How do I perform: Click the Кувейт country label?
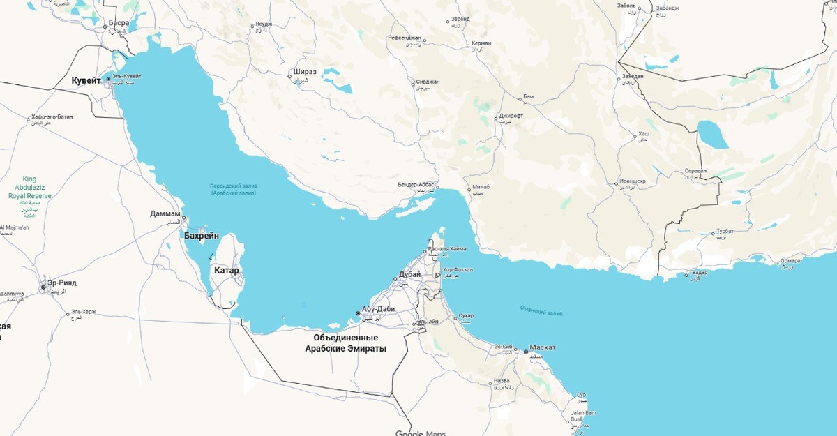86,81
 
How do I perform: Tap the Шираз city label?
305,72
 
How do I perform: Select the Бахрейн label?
202,236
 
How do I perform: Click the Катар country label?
227,270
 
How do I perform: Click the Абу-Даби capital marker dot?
358,313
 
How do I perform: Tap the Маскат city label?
543,347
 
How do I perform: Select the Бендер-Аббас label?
416,184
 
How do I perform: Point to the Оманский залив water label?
541,311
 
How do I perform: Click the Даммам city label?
165,213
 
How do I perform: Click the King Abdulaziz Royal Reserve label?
29,188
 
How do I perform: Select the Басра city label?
119,23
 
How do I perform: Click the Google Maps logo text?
420,433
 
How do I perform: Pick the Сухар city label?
467,316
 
